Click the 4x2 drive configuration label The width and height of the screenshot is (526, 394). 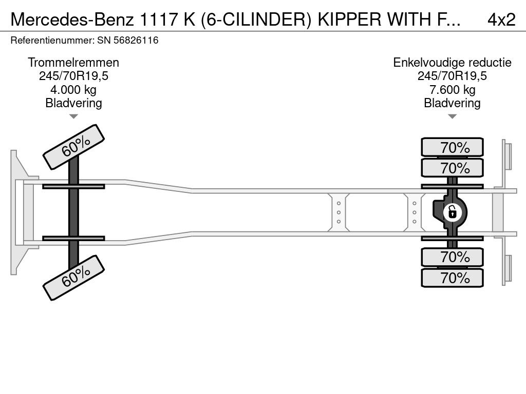click(x=501, y=19)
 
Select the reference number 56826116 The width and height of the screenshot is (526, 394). click(x=136, y=40)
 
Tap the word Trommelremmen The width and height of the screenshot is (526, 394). click(x=73, y=62)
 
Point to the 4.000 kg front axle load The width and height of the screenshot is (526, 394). click(x=73, y=89)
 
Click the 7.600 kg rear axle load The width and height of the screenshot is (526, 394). click(x=452, y=89)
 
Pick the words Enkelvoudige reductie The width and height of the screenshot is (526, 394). click(x=452, y=62)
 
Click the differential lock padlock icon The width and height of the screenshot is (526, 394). click(x=452, y=212)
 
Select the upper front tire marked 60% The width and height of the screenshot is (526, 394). click(x=74, y=147)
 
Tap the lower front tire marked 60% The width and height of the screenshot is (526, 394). click(x=74, y=278)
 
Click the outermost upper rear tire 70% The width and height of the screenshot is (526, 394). click(x=452, y=147)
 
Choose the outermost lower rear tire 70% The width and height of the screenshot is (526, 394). click(x=452, y=278)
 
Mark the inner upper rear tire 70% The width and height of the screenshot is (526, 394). click(x=452, y=168)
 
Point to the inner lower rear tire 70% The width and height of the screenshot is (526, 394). click(x=452, y=257)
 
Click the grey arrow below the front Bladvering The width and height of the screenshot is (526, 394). click(x=73, y=116)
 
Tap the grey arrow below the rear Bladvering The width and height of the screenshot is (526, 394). click(x=452, y=116)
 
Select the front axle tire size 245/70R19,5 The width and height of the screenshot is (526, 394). click(x=73, y=76)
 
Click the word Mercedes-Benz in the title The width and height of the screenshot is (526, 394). click(x=72, y=19)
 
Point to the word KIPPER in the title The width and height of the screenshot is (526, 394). click(x=349, y=19)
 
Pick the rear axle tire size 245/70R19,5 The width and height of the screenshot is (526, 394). click(x=452, y=76)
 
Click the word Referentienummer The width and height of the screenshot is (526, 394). click(x=52, y=40)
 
